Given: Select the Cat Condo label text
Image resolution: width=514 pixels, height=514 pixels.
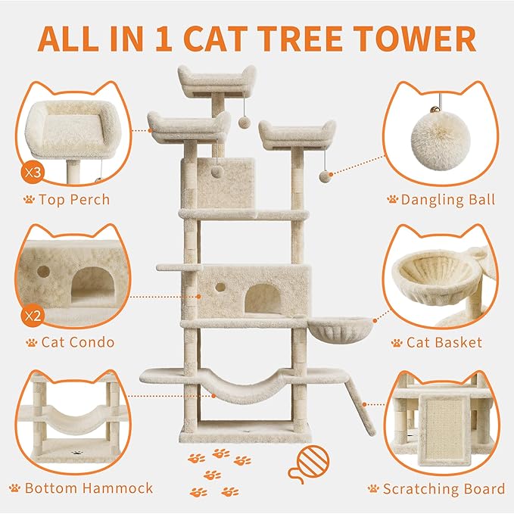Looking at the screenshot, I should (x=78, y=342).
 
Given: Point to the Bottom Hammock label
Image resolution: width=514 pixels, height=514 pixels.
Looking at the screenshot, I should (x=89, y=488).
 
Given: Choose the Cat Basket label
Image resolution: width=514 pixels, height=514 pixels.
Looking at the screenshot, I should (x=444, y=342).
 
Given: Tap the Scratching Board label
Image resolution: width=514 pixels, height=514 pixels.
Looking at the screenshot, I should (x=444, y=488).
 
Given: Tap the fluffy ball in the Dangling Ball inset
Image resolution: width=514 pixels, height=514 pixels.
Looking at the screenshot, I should (x=438, y=145).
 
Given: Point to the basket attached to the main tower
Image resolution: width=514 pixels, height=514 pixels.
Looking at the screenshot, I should (x=330, y=331).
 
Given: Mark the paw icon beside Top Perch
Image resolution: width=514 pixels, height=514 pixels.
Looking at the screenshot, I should (x=29, y=200).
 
